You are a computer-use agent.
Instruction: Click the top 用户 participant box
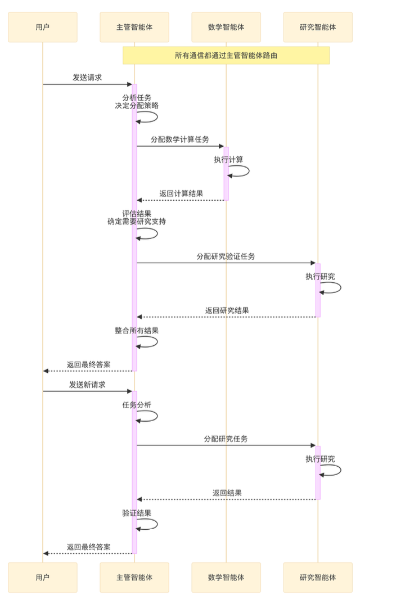[42, 27]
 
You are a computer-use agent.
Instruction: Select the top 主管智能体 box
[134, 27]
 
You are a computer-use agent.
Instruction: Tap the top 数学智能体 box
[226, 27]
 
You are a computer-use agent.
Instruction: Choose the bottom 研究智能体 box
[318, 578]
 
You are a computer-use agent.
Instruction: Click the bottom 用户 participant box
[42, 578]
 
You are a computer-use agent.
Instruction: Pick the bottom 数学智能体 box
[226, 578]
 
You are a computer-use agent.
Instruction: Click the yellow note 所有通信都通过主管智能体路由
[226, 56]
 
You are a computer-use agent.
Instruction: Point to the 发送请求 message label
[87, 78]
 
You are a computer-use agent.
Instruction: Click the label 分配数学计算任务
[180, 139]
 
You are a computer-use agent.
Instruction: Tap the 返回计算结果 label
[181, 193]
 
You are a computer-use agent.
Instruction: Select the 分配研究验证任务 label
[226, 256]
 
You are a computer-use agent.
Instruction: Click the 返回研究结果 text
[227, 310]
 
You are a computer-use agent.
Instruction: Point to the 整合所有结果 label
[137, 331]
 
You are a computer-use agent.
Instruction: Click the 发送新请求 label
[87, 385]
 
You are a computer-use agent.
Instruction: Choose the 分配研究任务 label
[226, 439]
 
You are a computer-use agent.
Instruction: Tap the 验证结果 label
[137, 513]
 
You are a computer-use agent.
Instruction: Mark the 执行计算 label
[228, 160]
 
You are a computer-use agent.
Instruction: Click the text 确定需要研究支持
[137, 222]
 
